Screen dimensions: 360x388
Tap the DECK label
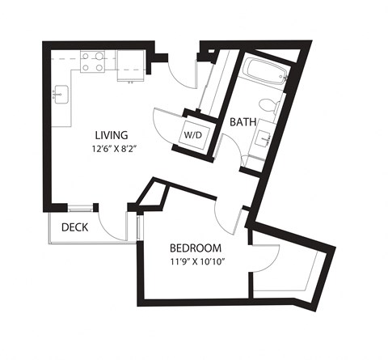tap(75, 227)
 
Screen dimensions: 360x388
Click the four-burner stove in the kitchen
tap(94, 62)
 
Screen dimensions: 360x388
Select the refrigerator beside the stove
tap(129, 61)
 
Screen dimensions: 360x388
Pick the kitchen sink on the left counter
tap(59, 95)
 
